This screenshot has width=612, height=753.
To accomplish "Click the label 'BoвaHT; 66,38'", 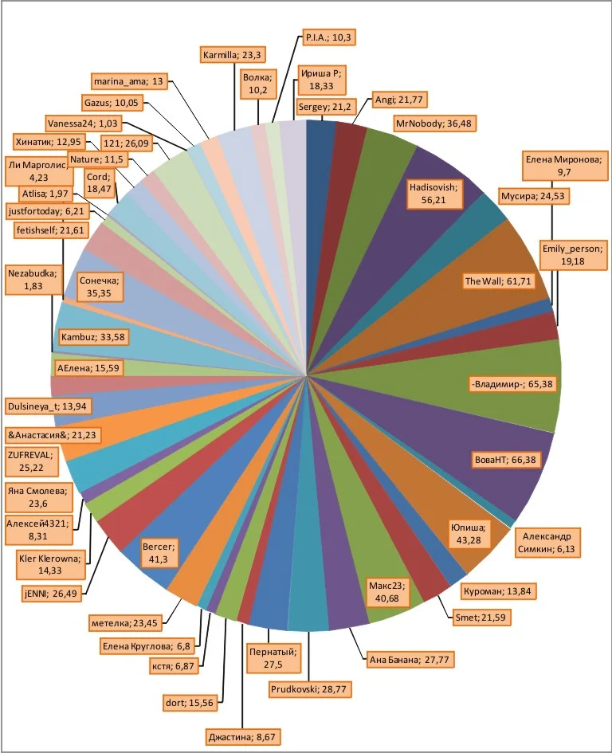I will [x=503, y=461].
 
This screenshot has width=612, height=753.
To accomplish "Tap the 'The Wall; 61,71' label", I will [x=499, y=280].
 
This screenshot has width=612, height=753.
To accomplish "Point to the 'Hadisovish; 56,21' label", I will [x=433, y=194].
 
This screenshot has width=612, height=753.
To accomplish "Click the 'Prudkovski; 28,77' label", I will [x=310, y=688].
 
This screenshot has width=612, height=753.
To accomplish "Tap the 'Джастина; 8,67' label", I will [x=243, y=736].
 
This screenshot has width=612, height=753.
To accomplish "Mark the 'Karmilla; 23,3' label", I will [x=233, y=55].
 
